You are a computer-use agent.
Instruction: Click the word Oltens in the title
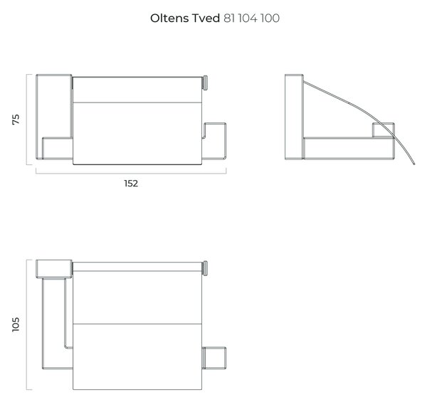coord(169,18)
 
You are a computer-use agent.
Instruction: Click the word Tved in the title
coord(206,18)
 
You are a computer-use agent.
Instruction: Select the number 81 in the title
coord(230,18)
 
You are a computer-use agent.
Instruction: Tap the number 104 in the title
coord(248,18)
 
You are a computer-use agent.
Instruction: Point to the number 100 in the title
coord(270,18)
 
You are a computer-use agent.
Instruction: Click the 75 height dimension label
coord(16,120)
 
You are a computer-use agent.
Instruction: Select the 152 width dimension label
coord(131,184)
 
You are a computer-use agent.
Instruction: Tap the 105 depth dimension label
coord(16,324)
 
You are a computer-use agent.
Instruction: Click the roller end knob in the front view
coord(205,83)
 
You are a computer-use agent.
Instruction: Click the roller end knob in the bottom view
coord(205,268)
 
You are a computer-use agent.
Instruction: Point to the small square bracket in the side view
coord(383,130)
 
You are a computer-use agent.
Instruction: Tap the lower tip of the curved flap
coord(414,164)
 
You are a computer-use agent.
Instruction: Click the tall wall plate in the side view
coord(294,117)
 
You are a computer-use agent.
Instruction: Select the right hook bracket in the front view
coord(214,141)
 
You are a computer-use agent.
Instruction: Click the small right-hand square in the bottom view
coord(214,358)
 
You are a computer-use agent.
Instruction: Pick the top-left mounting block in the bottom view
coord(54,269)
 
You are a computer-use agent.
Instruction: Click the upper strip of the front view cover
coord(137,90)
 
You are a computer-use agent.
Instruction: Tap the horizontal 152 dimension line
coord(131,173)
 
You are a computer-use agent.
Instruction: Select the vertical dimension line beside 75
coord(27,120)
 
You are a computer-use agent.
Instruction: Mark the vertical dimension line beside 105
coord(27,324)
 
